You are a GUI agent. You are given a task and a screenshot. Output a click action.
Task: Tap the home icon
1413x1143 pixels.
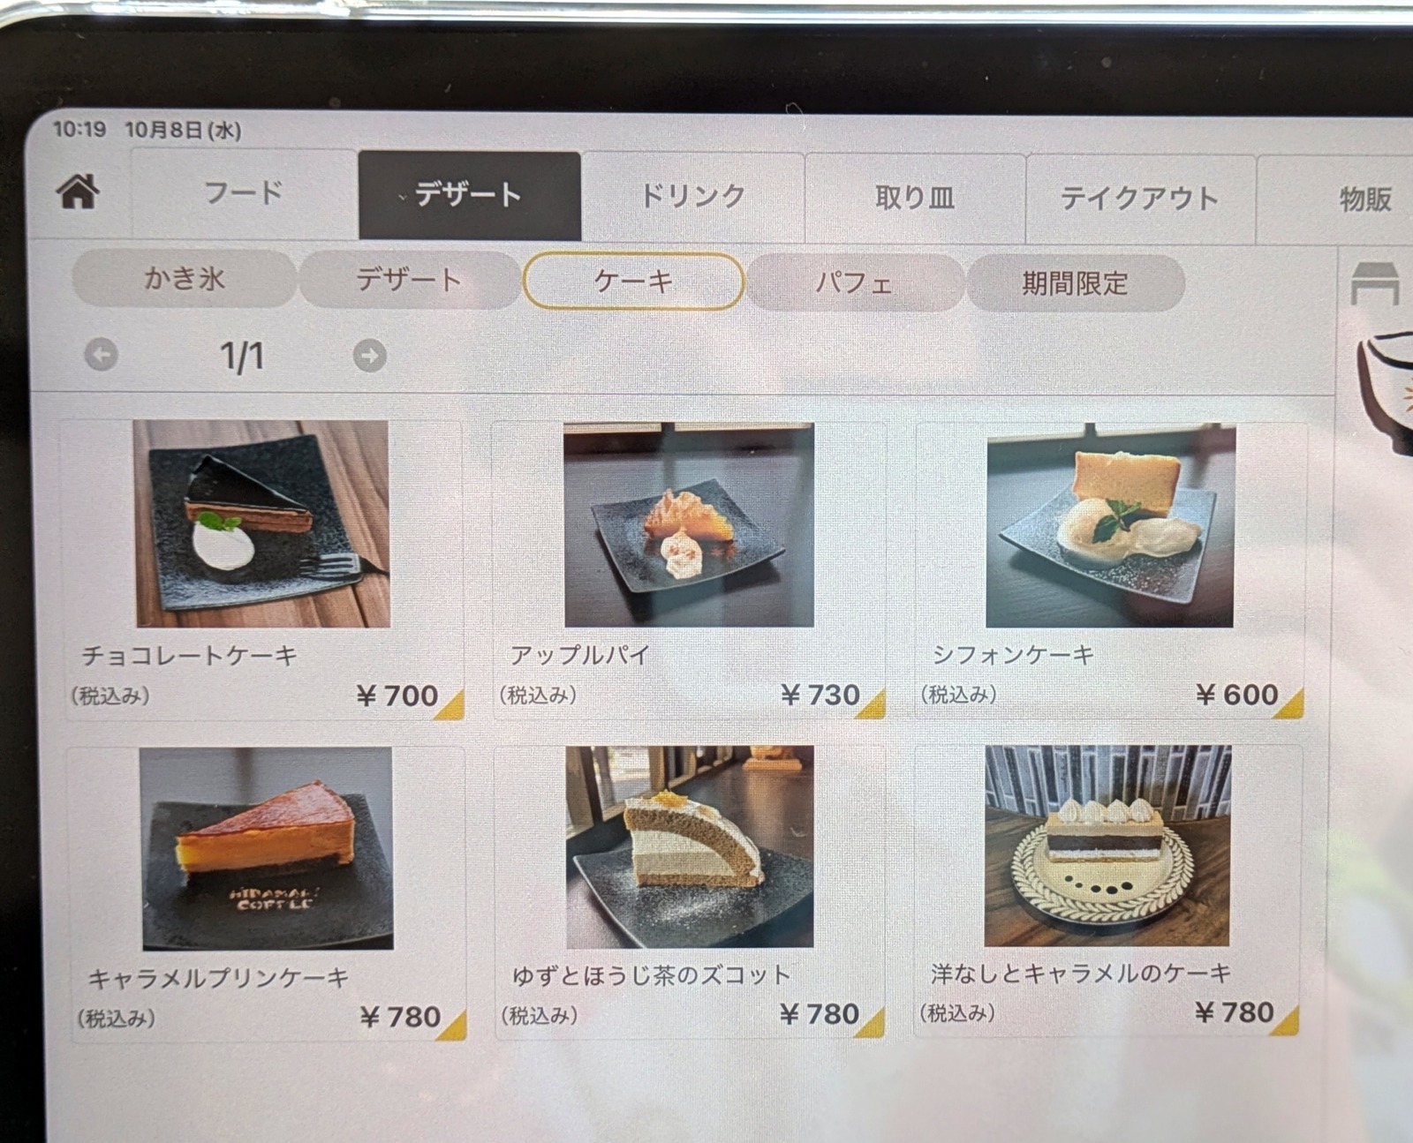click(79, 192)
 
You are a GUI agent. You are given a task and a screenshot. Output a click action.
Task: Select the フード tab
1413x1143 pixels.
click(244, 193)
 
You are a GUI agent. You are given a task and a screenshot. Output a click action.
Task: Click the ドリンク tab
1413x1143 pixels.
click(692, 196)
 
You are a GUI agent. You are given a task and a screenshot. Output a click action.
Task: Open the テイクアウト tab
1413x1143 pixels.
click(1140, 199)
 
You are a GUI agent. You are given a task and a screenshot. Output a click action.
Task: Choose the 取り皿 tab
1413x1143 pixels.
click(916, 197)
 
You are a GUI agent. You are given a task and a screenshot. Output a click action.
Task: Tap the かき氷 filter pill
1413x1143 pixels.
click(185, 278)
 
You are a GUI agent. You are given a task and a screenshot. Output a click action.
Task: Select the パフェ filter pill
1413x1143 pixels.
click(855, 282)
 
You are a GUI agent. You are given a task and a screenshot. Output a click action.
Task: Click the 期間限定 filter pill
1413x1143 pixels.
click(1075, 283)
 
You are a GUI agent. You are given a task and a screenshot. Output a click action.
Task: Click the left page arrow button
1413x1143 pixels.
click(102, 354)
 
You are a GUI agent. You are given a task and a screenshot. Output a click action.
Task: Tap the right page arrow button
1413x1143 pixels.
click(369, 356)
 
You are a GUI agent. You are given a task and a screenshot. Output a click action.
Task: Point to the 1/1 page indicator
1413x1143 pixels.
click(242, 356)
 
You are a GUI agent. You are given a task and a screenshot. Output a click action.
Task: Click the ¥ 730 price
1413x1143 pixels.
click(820, 695)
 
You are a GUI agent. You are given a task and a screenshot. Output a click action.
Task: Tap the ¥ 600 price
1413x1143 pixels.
click(1236, 695)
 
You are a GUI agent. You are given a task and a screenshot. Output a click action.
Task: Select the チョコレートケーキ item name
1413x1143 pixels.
click(189, 656)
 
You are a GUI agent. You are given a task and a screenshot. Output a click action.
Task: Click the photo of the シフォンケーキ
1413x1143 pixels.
click(1110, 525)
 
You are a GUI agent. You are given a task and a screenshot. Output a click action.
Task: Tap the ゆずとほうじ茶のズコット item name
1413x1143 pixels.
click(652, 975)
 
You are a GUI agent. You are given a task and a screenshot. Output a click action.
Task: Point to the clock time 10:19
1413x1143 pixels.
click(79, 129)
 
